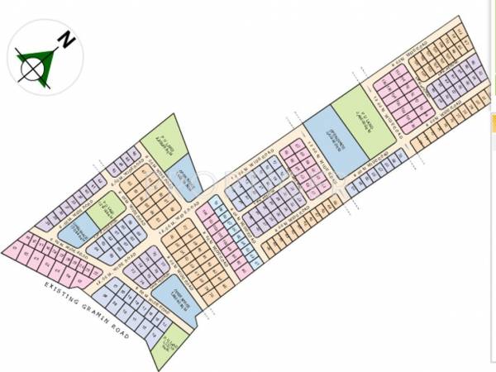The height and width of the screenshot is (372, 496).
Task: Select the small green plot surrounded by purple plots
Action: (x=103, y=210)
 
